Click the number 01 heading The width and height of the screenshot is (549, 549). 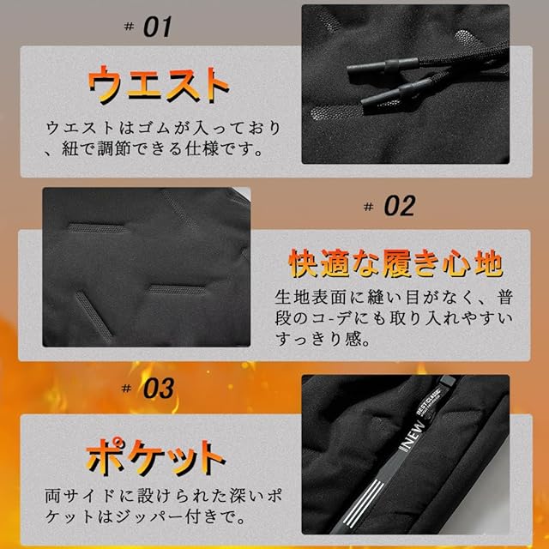(x=158, y=27)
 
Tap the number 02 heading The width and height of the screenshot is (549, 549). (x=400, y=206)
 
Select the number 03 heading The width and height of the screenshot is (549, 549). (x=158, y=388)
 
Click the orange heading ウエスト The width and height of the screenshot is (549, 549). (x=159, y=84)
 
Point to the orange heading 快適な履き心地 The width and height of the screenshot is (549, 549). (x=395, y=263)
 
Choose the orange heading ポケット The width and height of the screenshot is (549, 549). (x=156, y=456)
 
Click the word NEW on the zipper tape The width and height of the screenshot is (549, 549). (x=413, y=435)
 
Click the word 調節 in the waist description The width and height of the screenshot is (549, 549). (x=115, y=148)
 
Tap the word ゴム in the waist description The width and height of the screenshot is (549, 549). (x=153, y=128)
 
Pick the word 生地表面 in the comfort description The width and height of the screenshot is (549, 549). (x=311, y=298)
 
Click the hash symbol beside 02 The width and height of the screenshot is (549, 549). (x=368, y=207)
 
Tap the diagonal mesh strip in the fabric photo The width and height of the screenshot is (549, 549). (x=94, y=316)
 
